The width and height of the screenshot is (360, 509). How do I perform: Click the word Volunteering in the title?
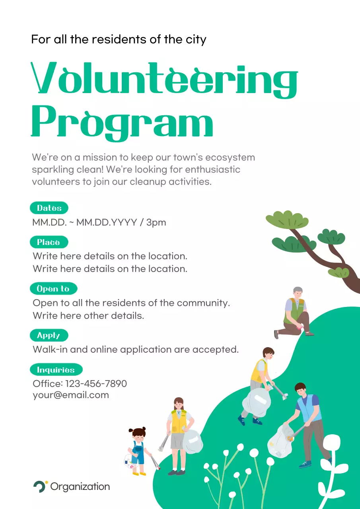[x=164, y=79]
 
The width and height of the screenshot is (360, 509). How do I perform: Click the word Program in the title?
[x=122, y=121]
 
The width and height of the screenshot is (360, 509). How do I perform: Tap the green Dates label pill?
[x=49, y=208]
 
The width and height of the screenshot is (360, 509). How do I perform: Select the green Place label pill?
[x=49, y=242]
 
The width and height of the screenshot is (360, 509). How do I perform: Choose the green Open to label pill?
[x=53, y=289]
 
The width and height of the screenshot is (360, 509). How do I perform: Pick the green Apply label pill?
[x=49, y=335]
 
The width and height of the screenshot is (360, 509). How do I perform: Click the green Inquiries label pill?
[x=56, y=370]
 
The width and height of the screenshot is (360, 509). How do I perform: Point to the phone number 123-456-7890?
[x=96, y=384]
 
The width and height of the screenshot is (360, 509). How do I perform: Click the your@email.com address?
[x=71, y=395]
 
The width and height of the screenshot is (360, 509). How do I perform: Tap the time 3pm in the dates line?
[x=156, y=222]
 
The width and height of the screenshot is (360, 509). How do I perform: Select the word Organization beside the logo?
[x=80, y=487]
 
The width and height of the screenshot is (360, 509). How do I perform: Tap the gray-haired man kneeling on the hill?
[x=295, y=313]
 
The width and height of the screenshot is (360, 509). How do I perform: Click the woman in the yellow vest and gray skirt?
[x=179, y=433]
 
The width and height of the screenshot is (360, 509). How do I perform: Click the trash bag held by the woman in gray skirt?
[x=193, y=441]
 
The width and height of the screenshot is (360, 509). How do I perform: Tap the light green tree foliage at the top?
[x=287, y=220]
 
